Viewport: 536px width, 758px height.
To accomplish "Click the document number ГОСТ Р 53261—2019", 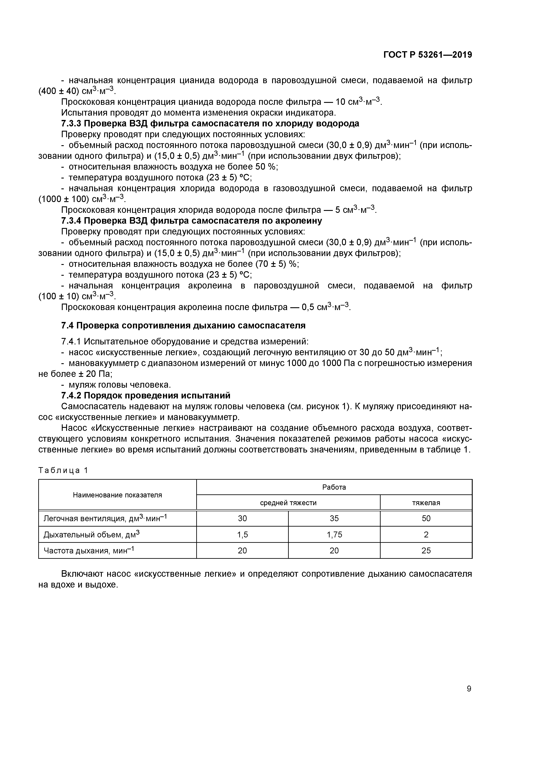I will tap(428, 55).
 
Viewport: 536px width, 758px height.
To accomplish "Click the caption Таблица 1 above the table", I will tap(63, 470).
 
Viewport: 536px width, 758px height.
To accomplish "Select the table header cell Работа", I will tap(334, 487).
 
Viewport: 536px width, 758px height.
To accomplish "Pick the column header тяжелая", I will tap(426, 503).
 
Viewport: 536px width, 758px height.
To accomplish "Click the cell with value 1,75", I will tap(334, 535).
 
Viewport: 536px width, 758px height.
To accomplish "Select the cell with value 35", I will tap(334, 519).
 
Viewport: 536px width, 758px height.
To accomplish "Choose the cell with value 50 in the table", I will tap(426, 519).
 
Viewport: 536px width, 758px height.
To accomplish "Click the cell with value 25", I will tap(426, 551).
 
